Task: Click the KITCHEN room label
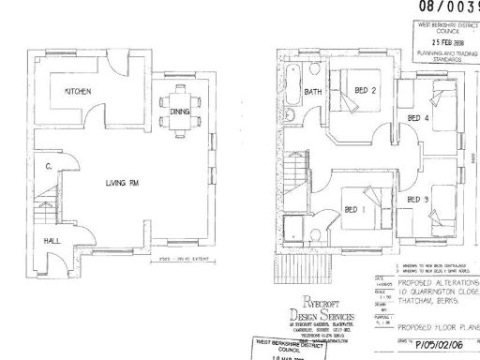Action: coord(77,92)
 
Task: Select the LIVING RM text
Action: coord(123,183)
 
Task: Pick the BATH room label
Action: coord(313,92)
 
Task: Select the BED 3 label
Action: coord(418,201)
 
